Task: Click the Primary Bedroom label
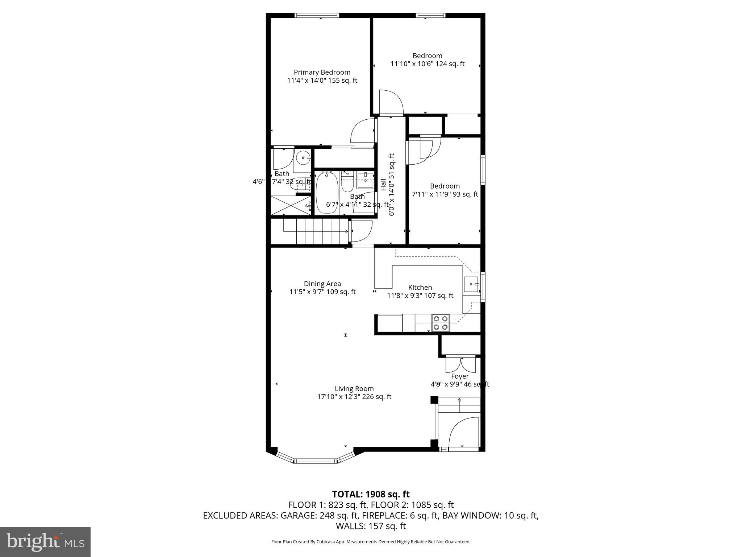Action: [x=322, y=73]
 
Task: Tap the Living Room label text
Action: [x=354, y=389]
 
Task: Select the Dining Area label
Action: [x=322, y=284]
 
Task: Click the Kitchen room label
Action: [x=420, y=288]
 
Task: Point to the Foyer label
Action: [x=460, y=376]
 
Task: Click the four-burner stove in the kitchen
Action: [x=440, y=323]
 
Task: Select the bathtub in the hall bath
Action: [x=327, y=193]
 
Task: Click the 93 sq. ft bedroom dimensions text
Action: [x=445, y=194]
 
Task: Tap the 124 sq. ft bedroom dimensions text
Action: [x=427, y=64]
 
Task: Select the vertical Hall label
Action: [x=383, y=185]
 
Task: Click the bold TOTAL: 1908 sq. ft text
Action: [x=371, y=494]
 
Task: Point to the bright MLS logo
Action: [x=45, y=542]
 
